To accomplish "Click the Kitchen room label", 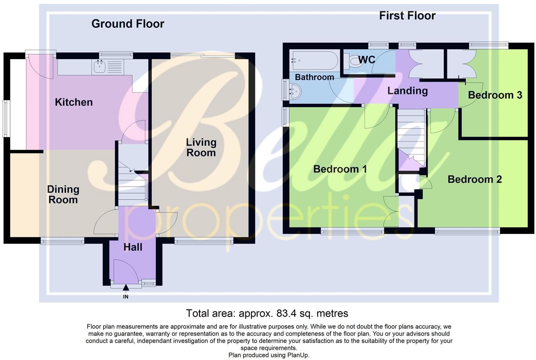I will [x=74, y=102].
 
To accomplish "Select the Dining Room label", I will [x=63, y=195].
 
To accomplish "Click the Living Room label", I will [x=201, y=147].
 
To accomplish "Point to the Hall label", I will [x=133, y=247].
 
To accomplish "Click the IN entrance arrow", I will [x=125, y=288].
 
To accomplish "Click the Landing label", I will [x=407, y=91].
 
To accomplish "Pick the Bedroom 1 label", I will [x=340, y=169].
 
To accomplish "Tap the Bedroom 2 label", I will [x=474, y=180].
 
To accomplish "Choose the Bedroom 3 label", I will [x=495, y=95].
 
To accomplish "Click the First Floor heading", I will [x=407, y=16].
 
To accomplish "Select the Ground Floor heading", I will [x=128, y=24].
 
